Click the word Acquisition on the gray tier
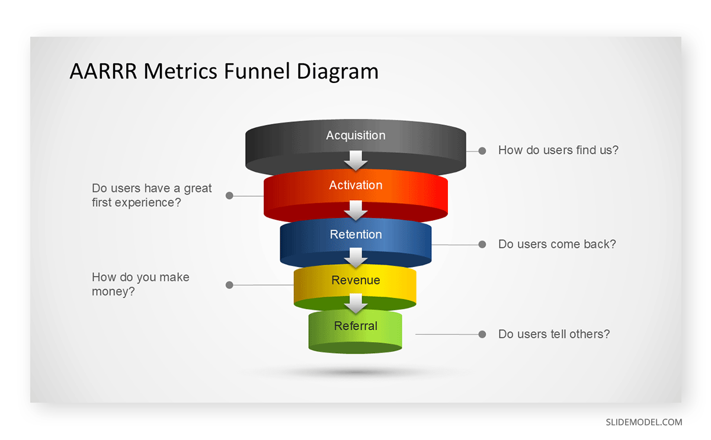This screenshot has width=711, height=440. (x=355, y=136)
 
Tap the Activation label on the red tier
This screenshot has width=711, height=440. (x=355, y=185)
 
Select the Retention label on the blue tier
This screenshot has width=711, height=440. (x=355, y=235)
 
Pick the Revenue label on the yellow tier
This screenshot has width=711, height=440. (x=355, y=280)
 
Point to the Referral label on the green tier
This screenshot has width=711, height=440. (x=355, y=326)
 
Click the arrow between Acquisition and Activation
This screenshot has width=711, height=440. (x=356, y=159)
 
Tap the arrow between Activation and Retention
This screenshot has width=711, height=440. (x=356, y=209)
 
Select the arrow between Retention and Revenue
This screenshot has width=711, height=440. (x=356, y=257)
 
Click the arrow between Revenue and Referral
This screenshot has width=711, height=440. (x=356, y=303)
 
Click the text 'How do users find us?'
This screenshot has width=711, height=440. (x=558, y=150)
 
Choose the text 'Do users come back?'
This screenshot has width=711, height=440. (x=557, y=244)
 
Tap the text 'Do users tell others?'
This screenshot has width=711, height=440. (x=554, y=334)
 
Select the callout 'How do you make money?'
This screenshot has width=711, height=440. (x=140, y=284)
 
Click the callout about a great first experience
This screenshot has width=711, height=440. (x=152, y=195)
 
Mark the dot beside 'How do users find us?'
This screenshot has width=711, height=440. (x=482, y=150)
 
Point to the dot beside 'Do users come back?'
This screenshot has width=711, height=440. (x=482, y=244)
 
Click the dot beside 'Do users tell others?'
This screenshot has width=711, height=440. (x=482, y=334)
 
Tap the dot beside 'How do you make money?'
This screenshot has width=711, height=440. (x=229, y=285)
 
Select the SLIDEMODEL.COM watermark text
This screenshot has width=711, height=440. (x=643, y=422)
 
